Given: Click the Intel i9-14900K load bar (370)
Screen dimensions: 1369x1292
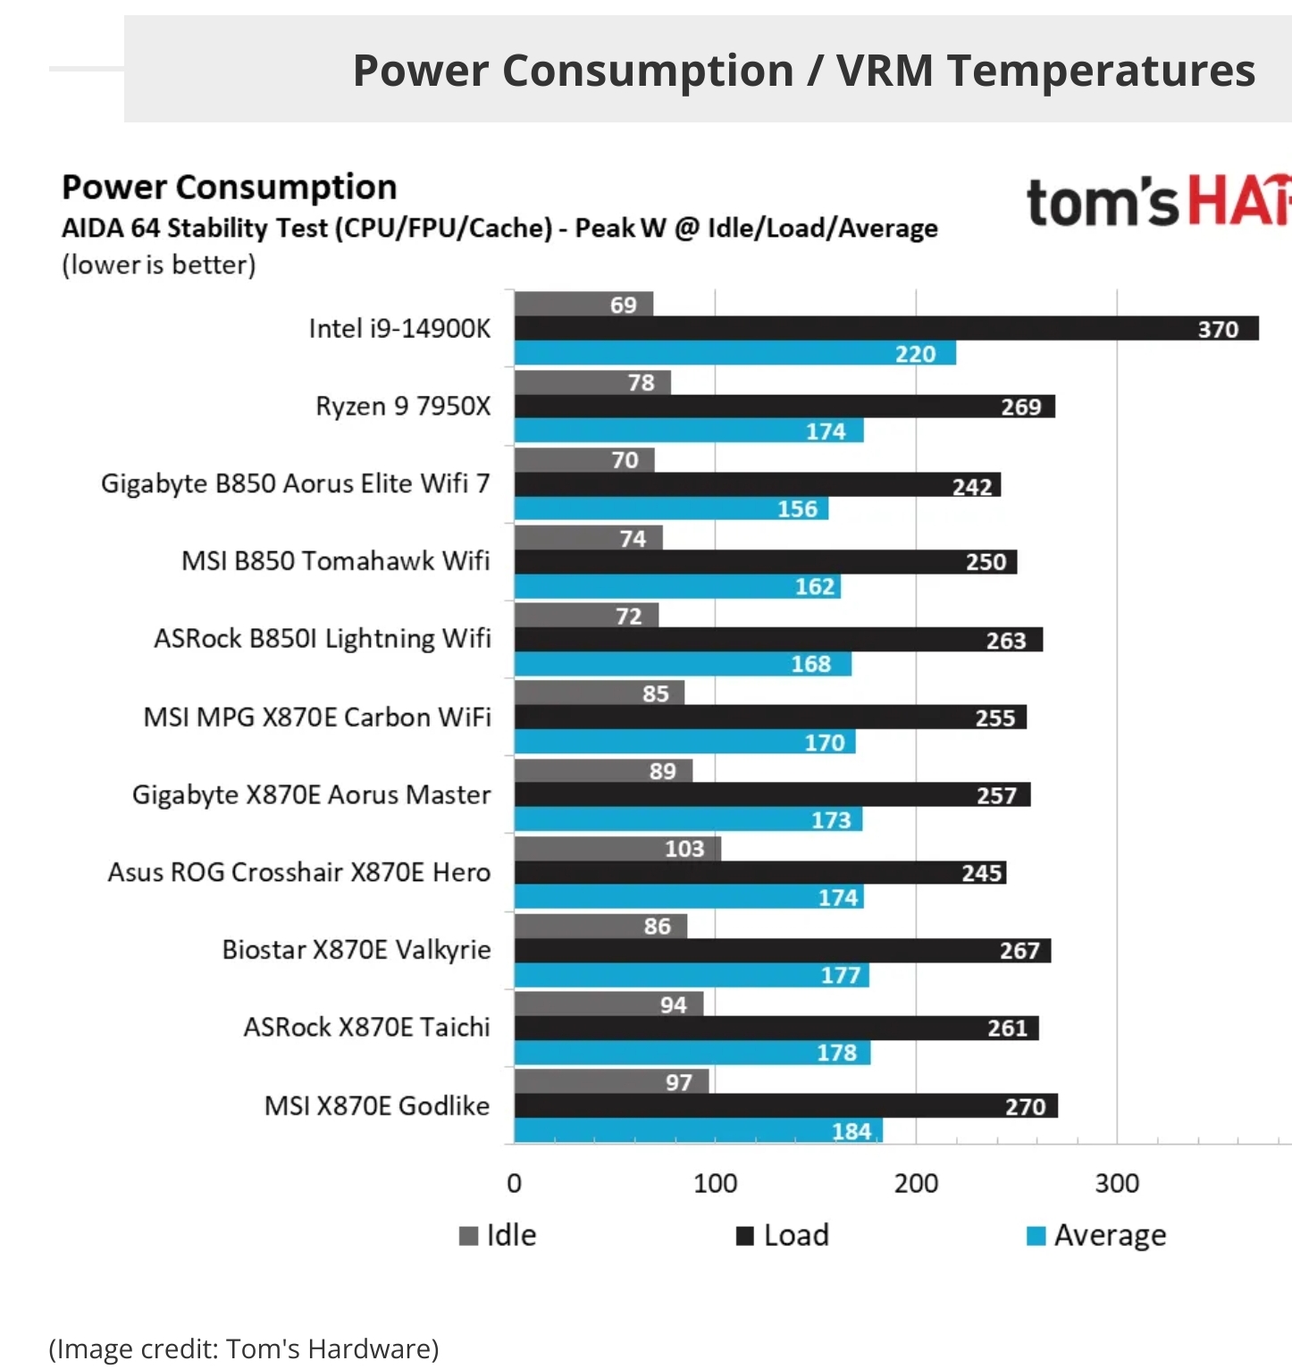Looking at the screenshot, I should (885, 329).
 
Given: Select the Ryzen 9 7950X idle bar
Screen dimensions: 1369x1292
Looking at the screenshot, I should (591, 382).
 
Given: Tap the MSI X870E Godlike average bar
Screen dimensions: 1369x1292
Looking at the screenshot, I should (697, 1131).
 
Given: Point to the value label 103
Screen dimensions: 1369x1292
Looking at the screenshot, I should (684, 849).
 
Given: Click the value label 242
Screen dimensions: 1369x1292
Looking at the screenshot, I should (972, 487).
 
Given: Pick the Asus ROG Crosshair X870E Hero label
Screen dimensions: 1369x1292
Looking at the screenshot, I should (299, 872).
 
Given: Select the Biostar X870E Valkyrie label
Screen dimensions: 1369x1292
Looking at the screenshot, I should (357, 950).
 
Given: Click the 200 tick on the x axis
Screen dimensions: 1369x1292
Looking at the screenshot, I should (916, 1184).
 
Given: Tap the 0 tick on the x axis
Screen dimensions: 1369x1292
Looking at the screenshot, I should (514, 1184).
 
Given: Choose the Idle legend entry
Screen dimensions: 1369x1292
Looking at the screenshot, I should (499, 1235).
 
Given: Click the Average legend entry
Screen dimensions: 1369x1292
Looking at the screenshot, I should (1097, 1235).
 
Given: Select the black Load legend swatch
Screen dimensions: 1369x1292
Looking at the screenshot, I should (744, 1236).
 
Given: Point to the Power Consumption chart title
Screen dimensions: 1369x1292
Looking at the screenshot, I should (230, 188).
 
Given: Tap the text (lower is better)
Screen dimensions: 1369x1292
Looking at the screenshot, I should (159, 265).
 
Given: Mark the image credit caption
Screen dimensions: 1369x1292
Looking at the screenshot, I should (244, 1348).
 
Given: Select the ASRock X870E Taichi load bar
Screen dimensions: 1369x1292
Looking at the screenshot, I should (776, 1029).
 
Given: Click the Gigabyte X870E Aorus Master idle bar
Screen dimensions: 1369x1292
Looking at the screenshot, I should (602, 771).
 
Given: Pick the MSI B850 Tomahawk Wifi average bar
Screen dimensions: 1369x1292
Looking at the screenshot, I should (676, 587).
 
